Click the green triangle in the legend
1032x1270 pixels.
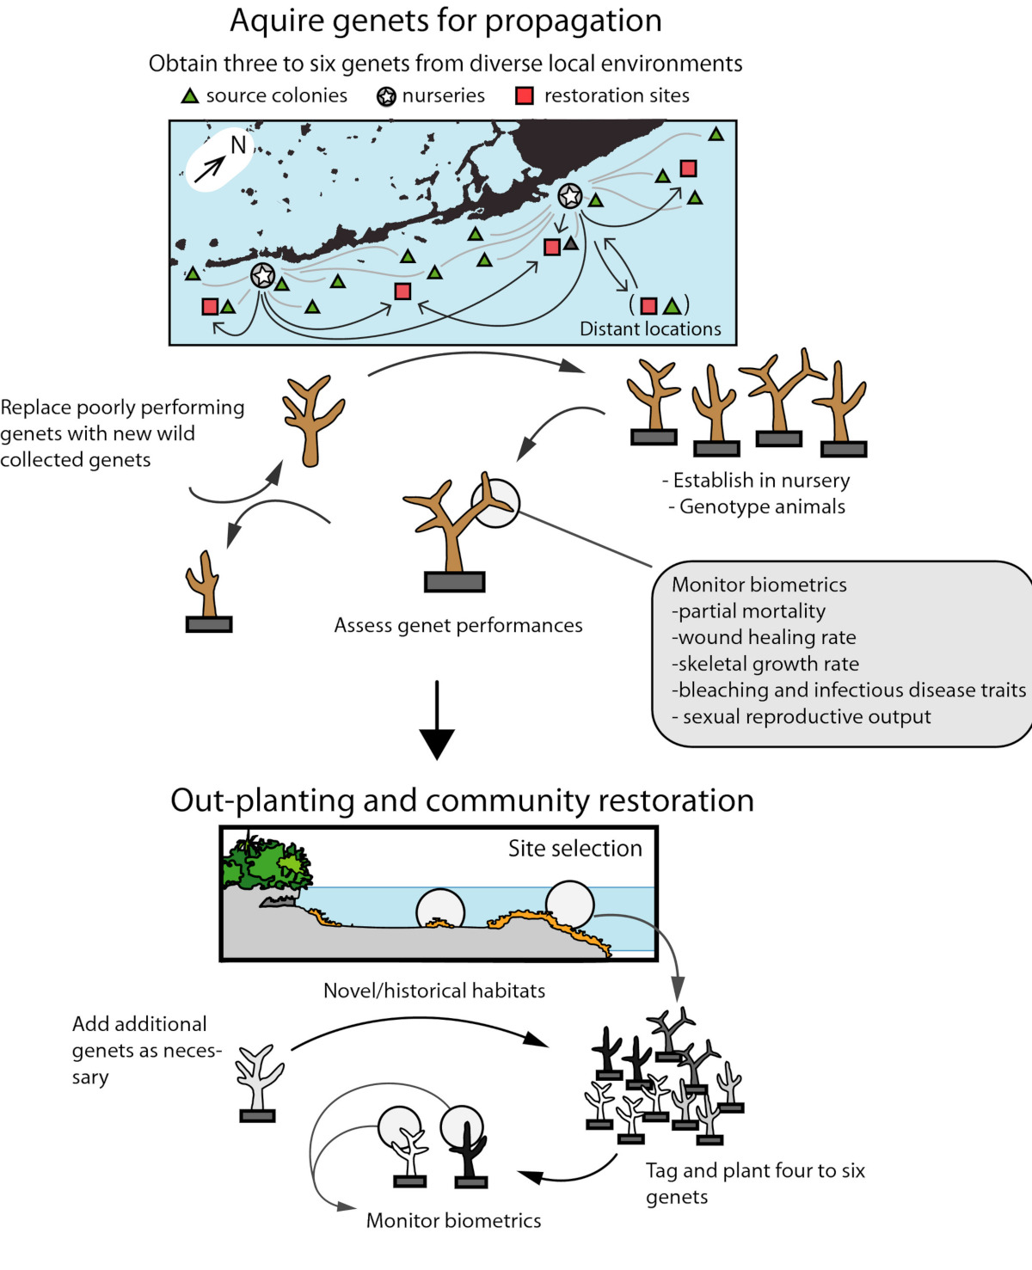(190, 96)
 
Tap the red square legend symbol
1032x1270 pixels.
(524, 95)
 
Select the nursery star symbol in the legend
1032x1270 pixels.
(387, 96)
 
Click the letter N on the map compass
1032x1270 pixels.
(238, 145)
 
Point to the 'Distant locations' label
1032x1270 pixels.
(650, 329)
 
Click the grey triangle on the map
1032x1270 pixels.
(571, 243)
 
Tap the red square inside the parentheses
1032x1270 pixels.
(649, 305)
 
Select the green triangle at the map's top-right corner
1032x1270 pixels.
(716, 134)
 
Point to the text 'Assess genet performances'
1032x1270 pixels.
(458, 625)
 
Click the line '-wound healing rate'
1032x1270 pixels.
(764, 637)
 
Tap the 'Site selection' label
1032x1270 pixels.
(574, 849)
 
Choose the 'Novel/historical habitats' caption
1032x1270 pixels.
(434, 991)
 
